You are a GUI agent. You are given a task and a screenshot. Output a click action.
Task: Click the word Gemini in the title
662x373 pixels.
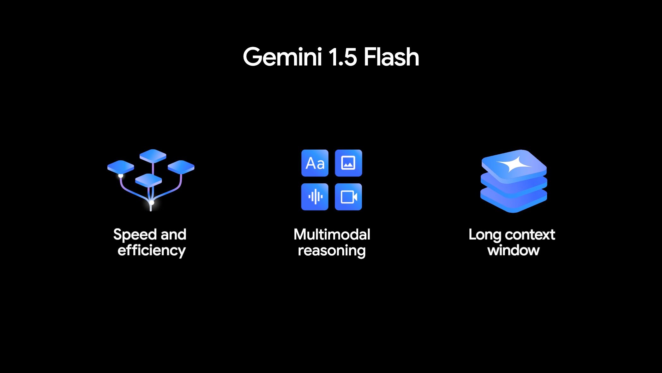[x=282, y=57]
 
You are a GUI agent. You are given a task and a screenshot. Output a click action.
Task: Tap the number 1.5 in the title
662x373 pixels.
[x=343, y=57]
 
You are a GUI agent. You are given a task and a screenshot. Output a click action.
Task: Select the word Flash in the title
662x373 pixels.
[x=391, y=57]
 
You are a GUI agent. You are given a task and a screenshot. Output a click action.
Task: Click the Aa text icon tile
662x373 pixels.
[x=315, y=163]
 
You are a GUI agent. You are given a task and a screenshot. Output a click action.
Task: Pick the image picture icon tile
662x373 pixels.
[x=348, y=163]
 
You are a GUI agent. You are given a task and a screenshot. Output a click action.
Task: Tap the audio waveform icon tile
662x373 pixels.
[x=315, y=197]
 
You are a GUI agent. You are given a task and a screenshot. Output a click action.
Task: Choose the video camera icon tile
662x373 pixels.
[x=348, y=197]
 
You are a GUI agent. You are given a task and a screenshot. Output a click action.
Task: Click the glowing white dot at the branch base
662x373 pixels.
[x=152, y=203]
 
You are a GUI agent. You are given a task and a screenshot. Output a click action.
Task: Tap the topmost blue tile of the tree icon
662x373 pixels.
[x=153, y=156]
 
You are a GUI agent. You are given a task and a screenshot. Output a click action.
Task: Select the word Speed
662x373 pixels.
[x=135, y=235]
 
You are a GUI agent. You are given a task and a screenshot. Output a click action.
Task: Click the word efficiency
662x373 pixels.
[x=151, y=251]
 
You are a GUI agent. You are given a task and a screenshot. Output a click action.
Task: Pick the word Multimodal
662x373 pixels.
[x=332, y=234]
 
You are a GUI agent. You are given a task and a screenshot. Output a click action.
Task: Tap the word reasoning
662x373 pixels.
[x=332, y=251]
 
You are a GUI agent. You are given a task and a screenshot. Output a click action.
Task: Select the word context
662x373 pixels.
[x=530, y=235]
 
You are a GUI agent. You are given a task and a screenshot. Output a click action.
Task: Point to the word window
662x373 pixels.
[x=514, y=251]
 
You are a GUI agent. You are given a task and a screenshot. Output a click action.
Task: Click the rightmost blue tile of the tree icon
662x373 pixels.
[x=181, y=167]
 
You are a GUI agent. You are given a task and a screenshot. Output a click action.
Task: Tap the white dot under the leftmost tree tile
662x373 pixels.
[x=121, y=176]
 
